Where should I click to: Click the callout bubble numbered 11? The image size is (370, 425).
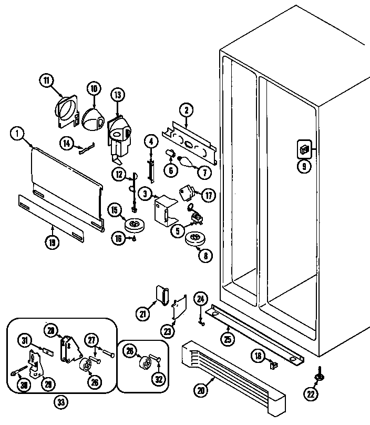(x=46, y=80)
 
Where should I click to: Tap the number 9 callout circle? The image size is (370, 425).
(x=305, y=167)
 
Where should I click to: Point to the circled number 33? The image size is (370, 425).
(x=61, y=402)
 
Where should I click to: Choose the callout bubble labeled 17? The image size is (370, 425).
(x=209, y=196)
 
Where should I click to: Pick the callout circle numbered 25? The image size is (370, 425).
(x=228, y=339)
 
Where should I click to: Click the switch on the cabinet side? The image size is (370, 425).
(x=303, y=148)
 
